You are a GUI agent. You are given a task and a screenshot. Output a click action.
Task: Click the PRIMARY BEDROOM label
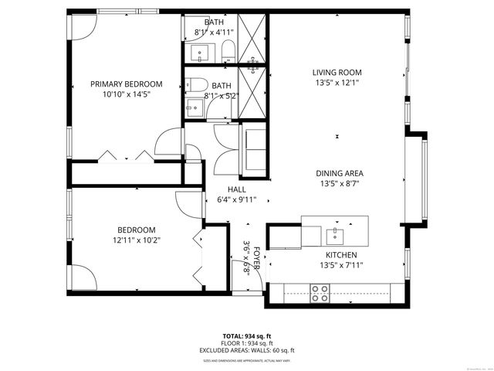pos(126,84)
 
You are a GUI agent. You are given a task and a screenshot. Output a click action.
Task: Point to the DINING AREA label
pos(339,173)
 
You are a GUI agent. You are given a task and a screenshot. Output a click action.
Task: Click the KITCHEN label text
pos(340,254)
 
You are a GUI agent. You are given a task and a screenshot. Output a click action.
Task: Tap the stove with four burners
pos(320,292)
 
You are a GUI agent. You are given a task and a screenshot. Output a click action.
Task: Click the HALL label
pos(236,189)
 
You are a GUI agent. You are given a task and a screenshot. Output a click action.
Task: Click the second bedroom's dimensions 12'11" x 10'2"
pos(136,240)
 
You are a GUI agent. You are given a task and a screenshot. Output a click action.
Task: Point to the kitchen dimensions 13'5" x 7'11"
pos(340,265)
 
